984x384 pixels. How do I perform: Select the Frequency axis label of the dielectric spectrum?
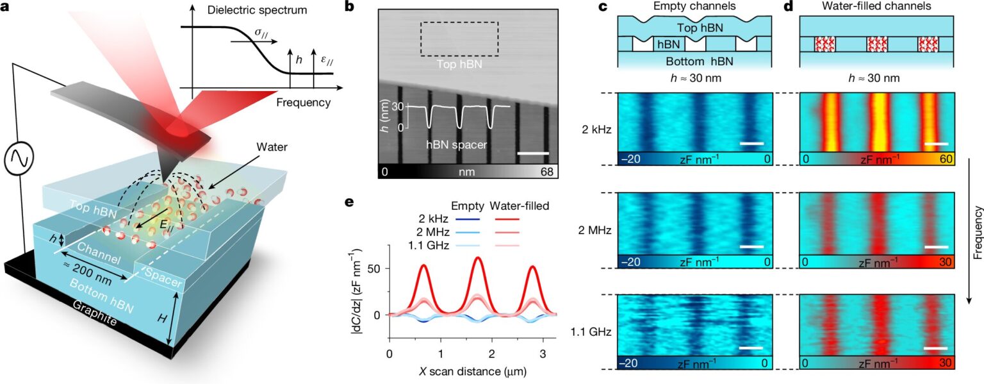(x=304, y=102)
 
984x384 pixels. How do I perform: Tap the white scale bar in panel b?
(x=533, y=153)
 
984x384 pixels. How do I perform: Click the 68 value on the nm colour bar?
(x=549, y=172)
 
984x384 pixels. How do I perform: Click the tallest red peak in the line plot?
(x=478, y=258)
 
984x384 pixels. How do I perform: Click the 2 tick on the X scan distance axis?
(x=491, y=353)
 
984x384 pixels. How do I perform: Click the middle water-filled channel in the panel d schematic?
(x=877, y=44)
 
